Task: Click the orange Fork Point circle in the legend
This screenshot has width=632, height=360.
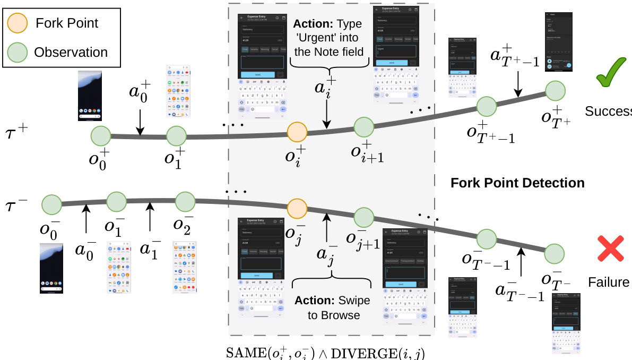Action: (x=17, y=23)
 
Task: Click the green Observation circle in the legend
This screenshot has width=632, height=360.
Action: (x=17, y=52)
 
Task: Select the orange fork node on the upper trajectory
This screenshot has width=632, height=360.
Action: (x=297, y=133)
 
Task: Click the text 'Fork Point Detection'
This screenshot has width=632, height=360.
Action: (x=517, y=183)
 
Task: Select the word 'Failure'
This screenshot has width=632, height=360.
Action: (x=608, y=282)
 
